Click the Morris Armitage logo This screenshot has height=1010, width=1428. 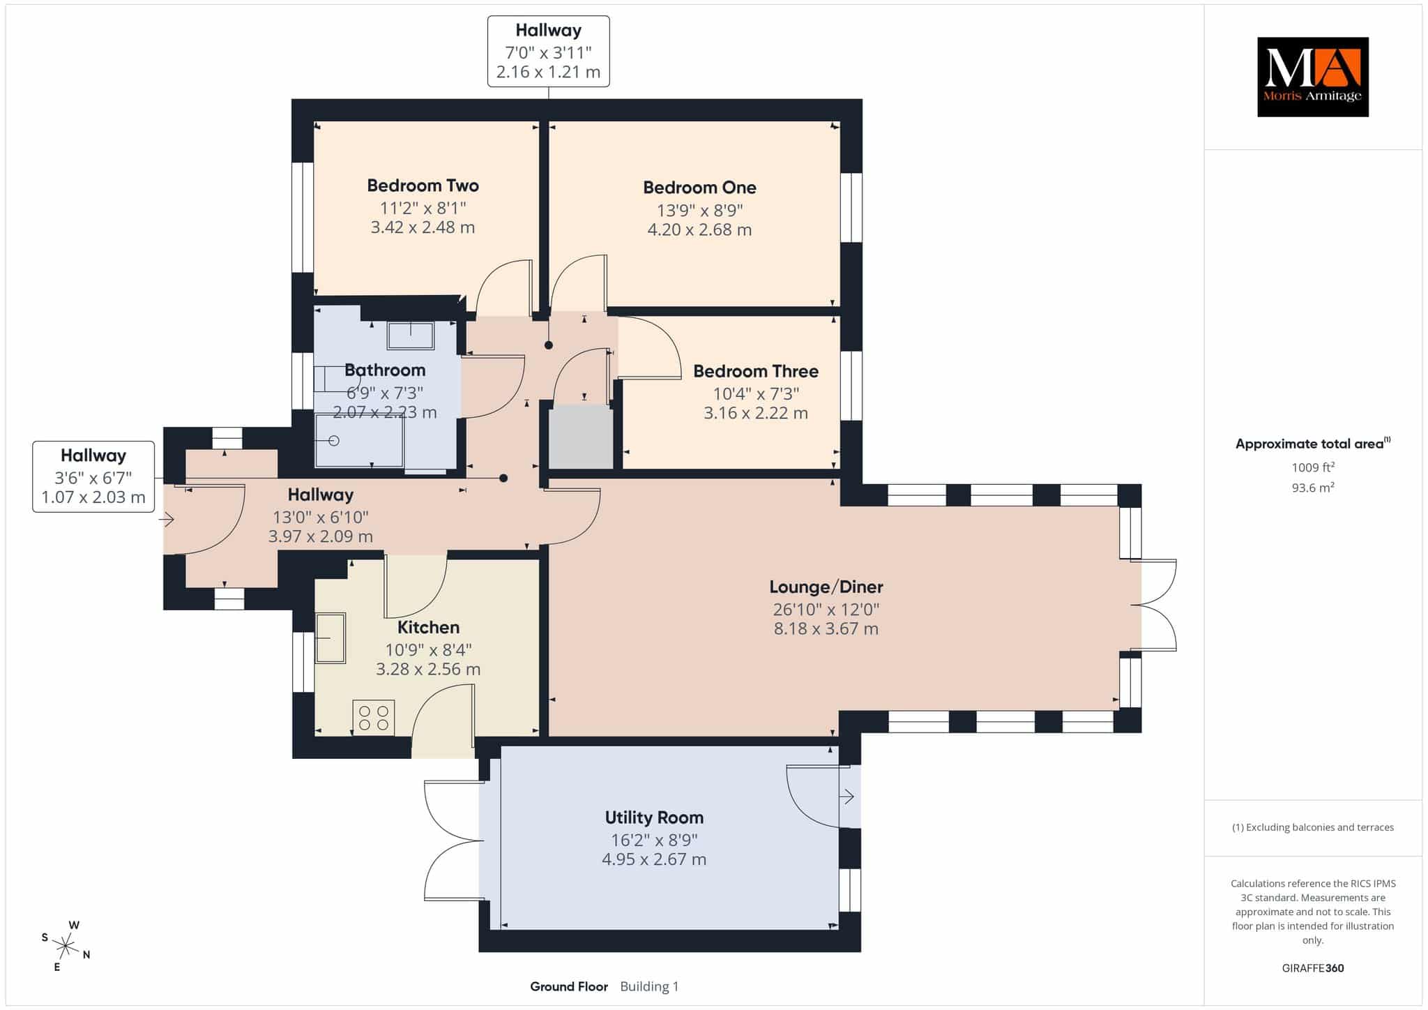click(1312, 77)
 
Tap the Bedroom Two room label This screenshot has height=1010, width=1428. click(423, 186)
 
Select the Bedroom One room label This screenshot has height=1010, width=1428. click(699, 188)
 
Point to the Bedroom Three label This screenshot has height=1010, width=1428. click(756, 371)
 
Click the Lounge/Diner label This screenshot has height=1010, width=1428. click(826, 587)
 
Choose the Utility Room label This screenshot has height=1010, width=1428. click(654, 817)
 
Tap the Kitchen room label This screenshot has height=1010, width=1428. click(428, 627)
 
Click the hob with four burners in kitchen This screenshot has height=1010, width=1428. click(374, 718)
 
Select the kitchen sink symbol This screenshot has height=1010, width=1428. click(331, 638)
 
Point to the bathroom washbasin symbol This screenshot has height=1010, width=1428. click(411, 335)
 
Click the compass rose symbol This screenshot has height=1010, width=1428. click(66, 947)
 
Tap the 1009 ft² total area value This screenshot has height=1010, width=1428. click(1313, 467)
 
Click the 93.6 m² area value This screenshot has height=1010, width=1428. click(1313, 488)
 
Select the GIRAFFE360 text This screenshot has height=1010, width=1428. click(1313, 968)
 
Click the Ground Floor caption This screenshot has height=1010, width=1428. click(569, 986)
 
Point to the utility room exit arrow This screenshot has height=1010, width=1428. click(847, 796)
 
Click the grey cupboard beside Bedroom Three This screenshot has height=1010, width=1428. click(581, 437)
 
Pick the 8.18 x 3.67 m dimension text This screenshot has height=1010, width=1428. click(826, 628)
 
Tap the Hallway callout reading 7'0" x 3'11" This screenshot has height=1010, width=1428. click(548, 52)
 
